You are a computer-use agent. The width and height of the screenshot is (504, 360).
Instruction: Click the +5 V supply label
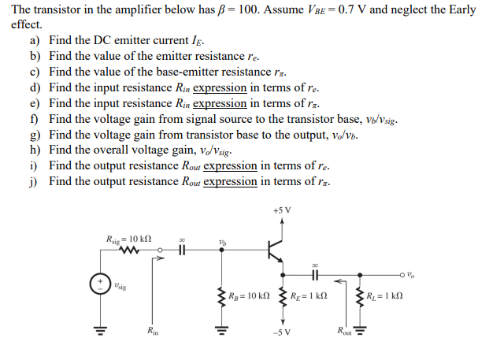[x=281, y=210]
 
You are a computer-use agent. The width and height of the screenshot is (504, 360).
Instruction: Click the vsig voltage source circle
[x=100, y=284]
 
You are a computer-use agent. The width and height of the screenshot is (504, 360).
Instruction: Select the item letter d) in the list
[x=35, y=87]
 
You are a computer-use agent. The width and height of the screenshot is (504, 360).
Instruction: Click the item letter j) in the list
[x=35, y=181]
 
